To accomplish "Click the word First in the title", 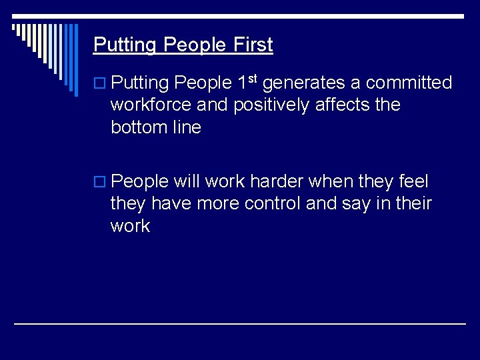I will (x=253, y=45).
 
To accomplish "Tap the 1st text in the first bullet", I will (x=248, y=82).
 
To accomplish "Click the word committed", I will (x=409, y=83).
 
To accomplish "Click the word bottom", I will (x=138, y=127).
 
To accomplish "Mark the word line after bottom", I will (x=187, y=127).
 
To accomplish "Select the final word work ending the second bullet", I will (x=131, y=226).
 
